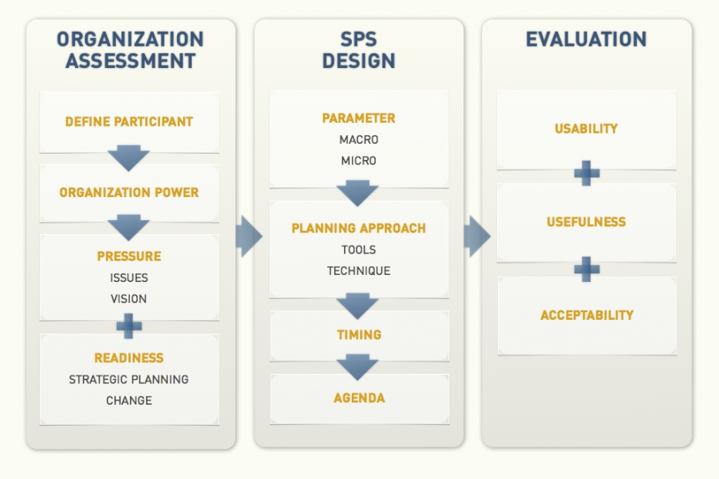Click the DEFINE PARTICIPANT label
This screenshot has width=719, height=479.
point(129,122)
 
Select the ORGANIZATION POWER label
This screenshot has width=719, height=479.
point(129,192)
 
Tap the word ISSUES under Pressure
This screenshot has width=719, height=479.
point(129,278)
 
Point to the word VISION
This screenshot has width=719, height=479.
point(129,299)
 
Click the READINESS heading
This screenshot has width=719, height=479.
point(129,358)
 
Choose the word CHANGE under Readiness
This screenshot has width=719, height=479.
point(129,400)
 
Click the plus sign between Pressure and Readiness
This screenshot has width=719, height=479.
point(129,325)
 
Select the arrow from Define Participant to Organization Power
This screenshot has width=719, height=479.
point(129,158)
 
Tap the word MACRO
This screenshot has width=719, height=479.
point(359,140)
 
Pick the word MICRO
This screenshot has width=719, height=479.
point(359,161)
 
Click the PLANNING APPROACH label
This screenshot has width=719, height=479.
point(359,229)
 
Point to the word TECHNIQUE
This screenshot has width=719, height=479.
point(359,271)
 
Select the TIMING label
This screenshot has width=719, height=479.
point(359,335)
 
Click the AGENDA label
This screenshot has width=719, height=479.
point(359,399)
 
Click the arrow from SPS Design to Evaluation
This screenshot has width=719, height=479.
point(477,236)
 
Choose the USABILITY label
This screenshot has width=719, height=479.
point(586,129)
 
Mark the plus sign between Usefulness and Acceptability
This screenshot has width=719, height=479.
point(587,269)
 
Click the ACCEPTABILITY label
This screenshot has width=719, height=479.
point(587,315)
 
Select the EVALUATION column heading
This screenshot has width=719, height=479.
point(586,40)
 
